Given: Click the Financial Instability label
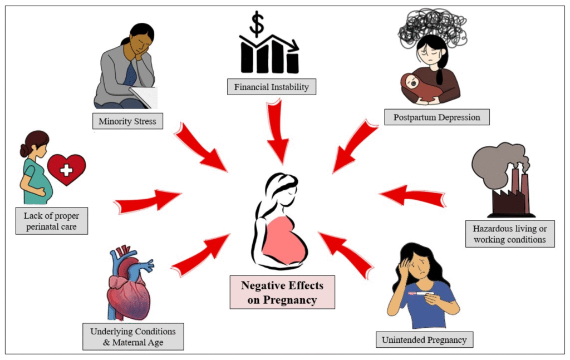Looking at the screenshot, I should (271, 87).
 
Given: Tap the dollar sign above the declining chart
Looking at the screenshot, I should (257, 24).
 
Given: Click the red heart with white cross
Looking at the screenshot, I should (66, 169).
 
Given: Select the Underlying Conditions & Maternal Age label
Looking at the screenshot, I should (132, 337).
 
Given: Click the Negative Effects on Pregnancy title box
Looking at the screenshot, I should (282, 292).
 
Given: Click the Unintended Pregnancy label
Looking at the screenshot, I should (424, 339).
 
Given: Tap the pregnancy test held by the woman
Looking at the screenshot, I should (421, 293).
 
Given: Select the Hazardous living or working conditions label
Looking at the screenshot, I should (509, 234).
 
